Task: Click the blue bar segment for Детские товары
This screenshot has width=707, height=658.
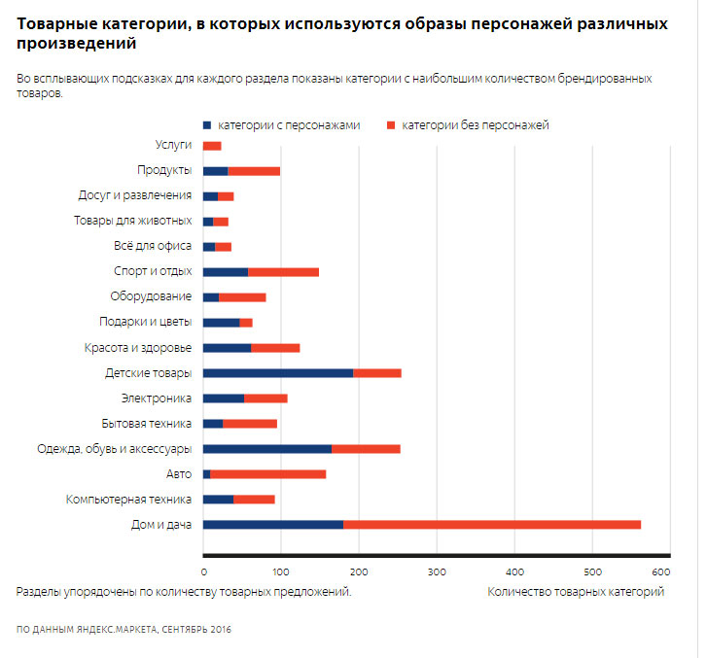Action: (278, 373)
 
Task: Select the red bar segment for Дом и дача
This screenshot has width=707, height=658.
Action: (492, 525)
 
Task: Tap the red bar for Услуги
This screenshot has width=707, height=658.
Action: (212, 146)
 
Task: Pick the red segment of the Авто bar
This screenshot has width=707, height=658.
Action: (268, 474)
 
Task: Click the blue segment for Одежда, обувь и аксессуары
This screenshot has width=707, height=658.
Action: (267, 449)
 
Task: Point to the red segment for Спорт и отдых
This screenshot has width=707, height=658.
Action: (284, 272)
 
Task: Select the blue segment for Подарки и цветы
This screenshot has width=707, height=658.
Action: (222, 323)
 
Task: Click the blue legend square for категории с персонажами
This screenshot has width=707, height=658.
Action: (207, 125)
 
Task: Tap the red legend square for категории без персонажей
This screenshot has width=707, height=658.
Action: (391, 125)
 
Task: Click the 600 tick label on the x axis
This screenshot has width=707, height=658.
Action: (661, 571)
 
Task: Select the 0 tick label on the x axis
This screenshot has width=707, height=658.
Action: (204, 571)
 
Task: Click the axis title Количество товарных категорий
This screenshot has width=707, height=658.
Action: (576, 592)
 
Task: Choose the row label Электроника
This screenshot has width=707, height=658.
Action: (157, 398)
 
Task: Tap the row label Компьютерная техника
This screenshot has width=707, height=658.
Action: (129, 500)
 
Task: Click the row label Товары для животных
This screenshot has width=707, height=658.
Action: (133, 221)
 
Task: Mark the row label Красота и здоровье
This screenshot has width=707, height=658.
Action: (138, 348)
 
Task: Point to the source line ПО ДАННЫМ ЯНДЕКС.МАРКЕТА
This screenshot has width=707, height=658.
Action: (87, 630)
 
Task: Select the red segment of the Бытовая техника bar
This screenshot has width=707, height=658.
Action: (250, 424)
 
